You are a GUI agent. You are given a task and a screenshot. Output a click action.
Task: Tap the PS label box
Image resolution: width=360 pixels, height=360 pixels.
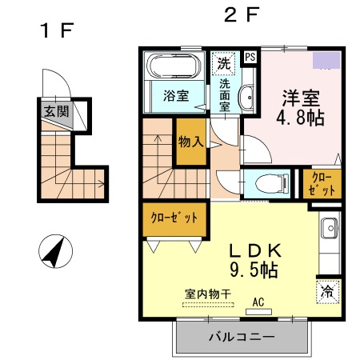click(250, 57)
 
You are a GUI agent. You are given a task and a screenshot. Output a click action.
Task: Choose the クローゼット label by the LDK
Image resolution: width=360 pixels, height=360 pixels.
click(174, 218)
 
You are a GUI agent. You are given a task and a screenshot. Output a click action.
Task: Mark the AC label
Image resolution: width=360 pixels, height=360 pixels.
click(258, 302)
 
